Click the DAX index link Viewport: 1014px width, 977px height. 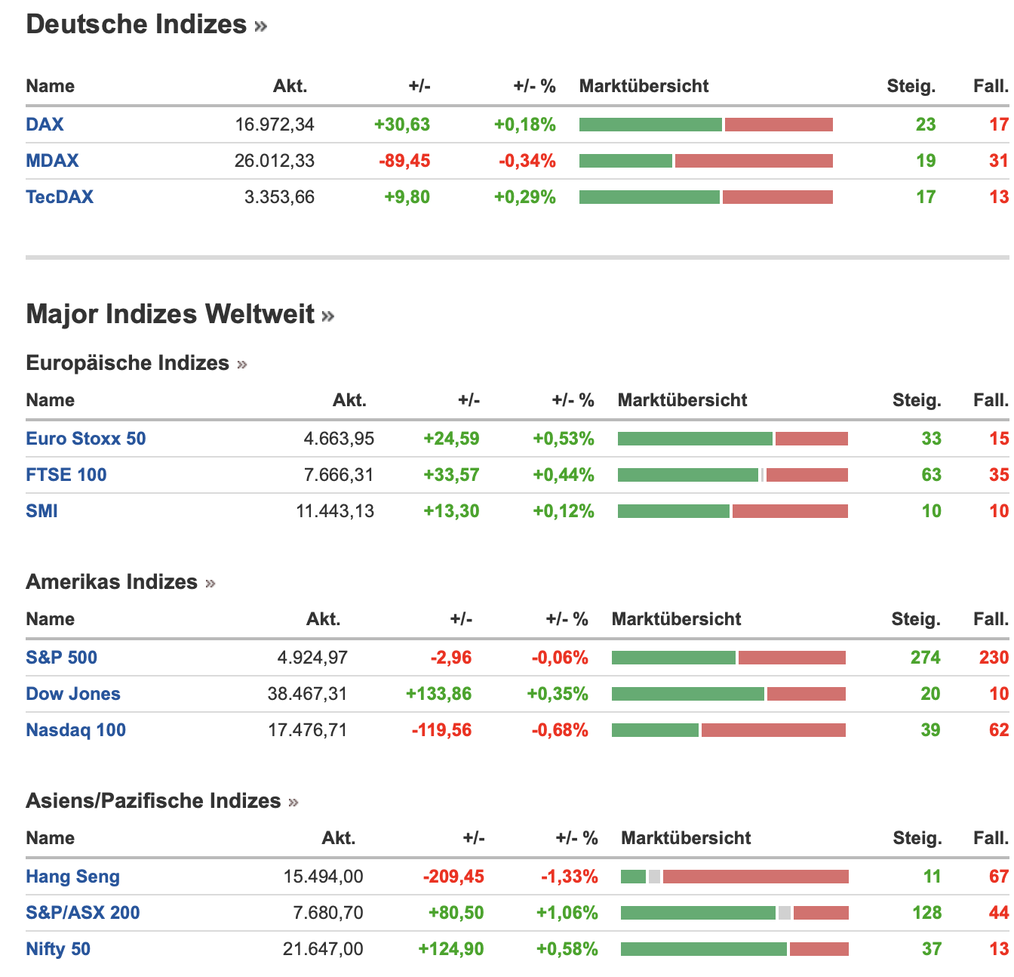45,125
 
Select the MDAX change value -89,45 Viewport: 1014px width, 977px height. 404,161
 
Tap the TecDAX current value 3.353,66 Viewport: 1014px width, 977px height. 279,197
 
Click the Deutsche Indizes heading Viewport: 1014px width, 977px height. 137,24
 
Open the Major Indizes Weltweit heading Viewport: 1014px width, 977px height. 171,314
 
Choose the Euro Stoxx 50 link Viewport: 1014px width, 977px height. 86,439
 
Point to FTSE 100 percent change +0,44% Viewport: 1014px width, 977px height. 563,475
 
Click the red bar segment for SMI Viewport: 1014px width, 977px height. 789,511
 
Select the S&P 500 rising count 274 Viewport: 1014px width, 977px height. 925,658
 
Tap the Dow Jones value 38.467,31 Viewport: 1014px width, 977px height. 307,694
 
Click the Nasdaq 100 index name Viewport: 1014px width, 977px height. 75,730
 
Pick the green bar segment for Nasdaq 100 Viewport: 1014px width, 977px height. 655,730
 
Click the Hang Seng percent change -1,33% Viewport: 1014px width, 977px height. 569,877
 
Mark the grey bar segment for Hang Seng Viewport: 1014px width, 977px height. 654,877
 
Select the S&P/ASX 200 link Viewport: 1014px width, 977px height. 83,913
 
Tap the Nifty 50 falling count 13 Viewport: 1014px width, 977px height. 999,949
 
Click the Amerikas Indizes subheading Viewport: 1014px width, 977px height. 112,582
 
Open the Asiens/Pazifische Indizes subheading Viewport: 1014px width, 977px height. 153,801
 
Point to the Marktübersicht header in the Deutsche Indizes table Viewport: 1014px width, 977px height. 644,86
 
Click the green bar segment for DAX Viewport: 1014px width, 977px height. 650,125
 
